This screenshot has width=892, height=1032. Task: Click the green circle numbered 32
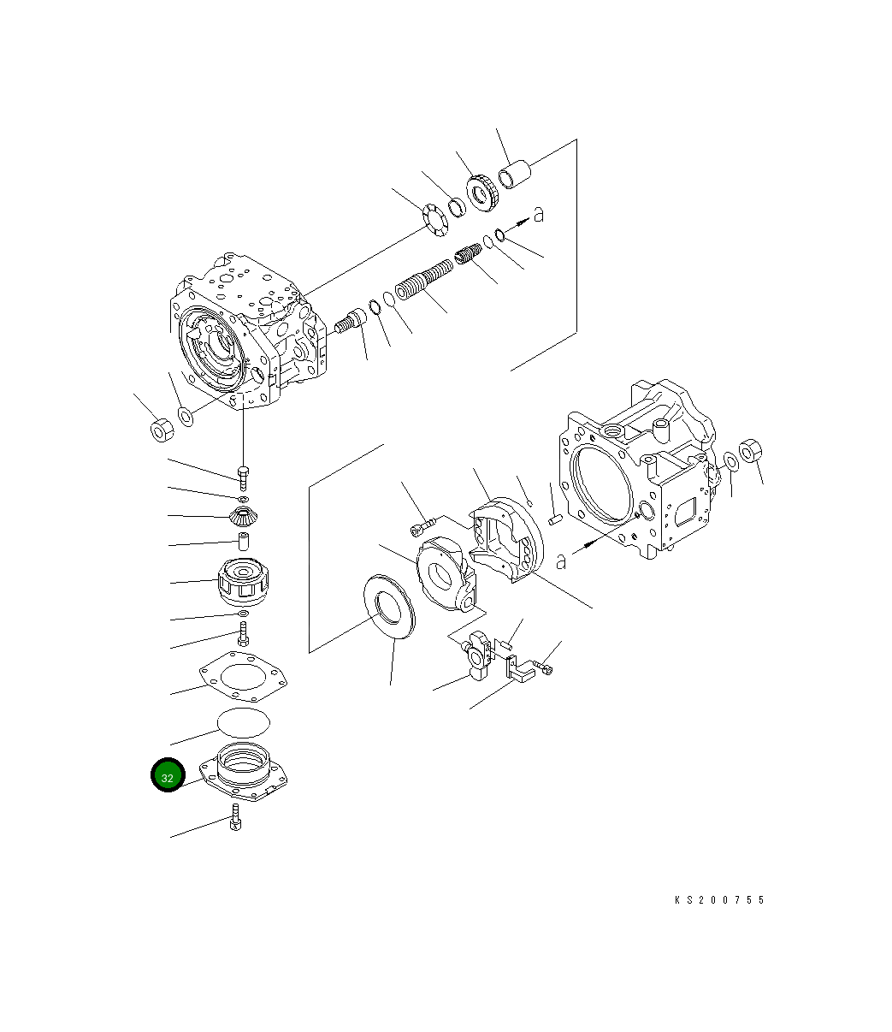[x=168, y=776]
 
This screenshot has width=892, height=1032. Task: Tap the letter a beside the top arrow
[x=538, y=215]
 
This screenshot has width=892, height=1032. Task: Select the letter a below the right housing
[x=561, y=561]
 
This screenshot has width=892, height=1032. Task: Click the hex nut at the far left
[x=162, y=430]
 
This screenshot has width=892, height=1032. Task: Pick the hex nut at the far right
[x=750, y=450]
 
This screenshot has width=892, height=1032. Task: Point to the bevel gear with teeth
[x=244, y=517]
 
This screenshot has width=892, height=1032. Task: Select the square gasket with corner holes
[x=243, y=674]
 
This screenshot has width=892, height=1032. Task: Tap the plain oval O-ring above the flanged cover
[x=244, y=721]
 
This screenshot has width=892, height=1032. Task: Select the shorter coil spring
[x=468, y=254]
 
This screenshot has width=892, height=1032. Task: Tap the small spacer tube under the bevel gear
[x=244, y=543]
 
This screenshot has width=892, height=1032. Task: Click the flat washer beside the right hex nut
[x=731, y=462]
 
